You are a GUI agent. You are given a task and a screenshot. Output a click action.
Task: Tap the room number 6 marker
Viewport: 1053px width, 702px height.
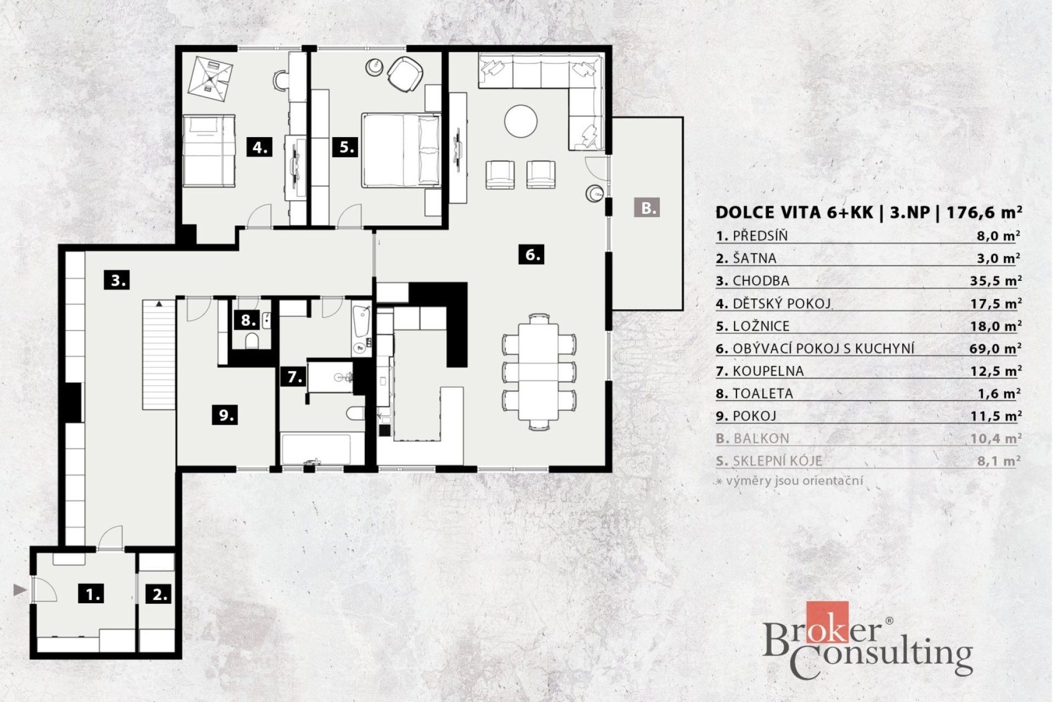[x=531, y=254]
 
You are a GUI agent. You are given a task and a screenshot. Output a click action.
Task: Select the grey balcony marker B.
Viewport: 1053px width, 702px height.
[x=648, y=208]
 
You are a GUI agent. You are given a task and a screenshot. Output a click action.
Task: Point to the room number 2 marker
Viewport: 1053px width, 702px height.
[x=160, y=594]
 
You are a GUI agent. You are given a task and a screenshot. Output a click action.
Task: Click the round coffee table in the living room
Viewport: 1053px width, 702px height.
[x=521, y=122]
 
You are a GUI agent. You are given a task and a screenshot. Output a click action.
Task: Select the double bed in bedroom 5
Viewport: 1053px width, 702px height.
[x=401, y=150]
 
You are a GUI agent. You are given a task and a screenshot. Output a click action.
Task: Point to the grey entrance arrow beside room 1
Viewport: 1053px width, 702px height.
[x=20, y=590]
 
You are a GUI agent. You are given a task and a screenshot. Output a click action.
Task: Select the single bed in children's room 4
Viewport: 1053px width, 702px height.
[x=209, y=150]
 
